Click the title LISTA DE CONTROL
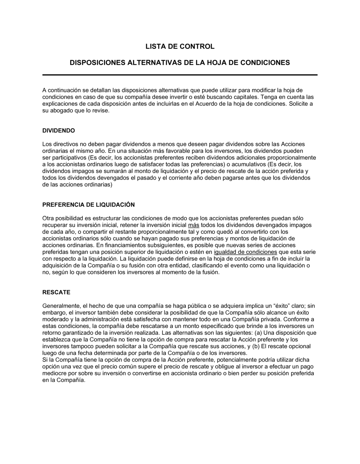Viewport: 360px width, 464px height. click(x=180, y=46)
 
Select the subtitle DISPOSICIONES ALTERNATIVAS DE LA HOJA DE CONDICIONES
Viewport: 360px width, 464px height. click(x=180, y=63)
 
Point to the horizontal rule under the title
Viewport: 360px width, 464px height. click(x=180, y=75)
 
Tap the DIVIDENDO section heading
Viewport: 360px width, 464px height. click(x=59, y=131)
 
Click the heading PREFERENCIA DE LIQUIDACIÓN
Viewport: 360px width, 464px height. click(x=89, y=205)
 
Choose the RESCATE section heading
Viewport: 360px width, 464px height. click(x=56, y=292)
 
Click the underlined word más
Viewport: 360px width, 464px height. click(x=194, y=225)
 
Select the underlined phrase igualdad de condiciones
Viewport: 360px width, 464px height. click(x=246, y=252)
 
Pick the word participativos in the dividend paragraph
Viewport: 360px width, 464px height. click(x=68, y=158)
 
